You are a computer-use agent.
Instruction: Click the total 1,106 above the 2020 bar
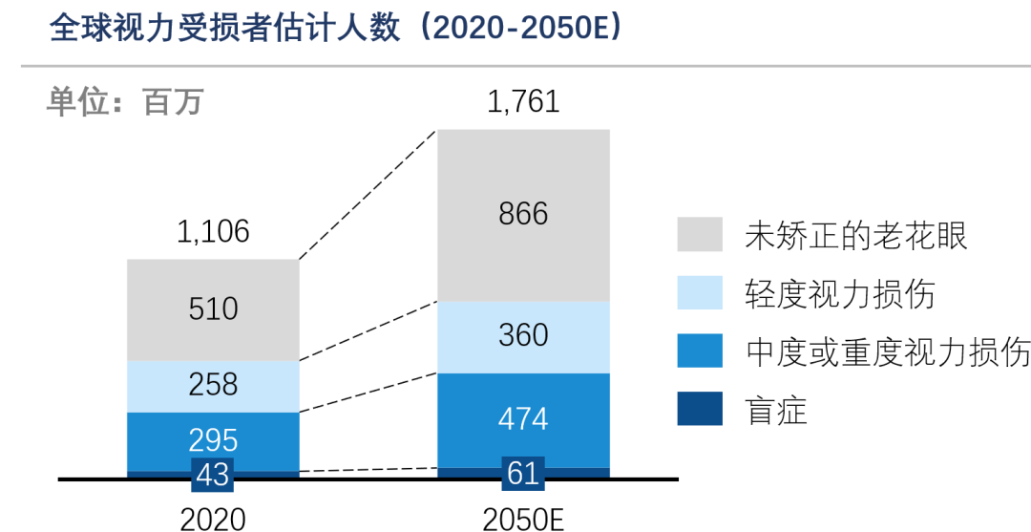(213, 231)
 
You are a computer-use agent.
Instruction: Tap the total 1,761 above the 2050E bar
(523, 102)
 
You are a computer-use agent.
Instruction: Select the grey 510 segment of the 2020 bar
(213, 309)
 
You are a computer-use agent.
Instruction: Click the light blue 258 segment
(213, 385)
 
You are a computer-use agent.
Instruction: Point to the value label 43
(213, 474)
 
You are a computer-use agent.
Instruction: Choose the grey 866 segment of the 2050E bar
(523, 214)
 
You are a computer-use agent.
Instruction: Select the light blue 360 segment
(523, 335)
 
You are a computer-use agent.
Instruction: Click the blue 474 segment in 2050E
(523, 419)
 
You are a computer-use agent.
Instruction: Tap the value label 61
(523, 473)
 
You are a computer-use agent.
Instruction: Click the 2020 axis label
(213, 519)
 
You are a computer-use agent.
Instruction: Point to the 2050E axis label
(523, 519)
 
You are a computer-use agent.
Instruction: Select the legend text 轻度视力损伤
(839, 294)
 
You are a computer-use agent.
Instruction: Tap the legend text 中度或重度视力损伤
(887, 352)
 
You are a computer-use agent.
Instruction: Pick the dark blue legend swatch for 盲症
(700, 410)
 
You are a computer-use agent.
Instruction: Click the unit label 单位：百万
(124, 101)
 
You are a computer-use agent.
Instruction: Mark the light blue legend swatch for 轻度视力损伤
(700, 293)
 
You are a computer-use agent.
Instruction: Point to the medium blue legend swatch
(700, 351)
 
